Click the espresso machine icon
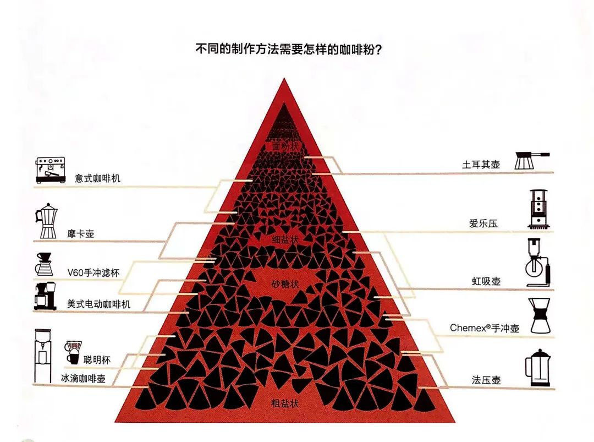coord(51,170)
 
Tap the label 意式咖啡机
coord(98,178)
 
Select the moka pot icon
coord(47,221)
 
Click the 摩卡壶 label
coord(81,233)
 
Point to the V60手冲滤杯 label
coord(94,272)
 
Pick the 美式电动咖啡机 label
coord(99,304)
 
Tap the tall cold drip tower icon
coord(43,356)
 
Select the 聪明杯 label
coord(97,359)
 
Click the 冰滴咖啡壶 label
coord(84,378)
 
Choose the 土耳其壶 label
coord(481,165)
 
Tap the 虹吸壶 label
coord(486,281)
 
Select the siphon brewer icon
coord(538,263)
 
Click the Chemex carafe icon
coord(540,315)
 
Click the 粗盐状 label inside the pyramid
coord(285,403)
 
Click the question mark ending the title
coord(378,50)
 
